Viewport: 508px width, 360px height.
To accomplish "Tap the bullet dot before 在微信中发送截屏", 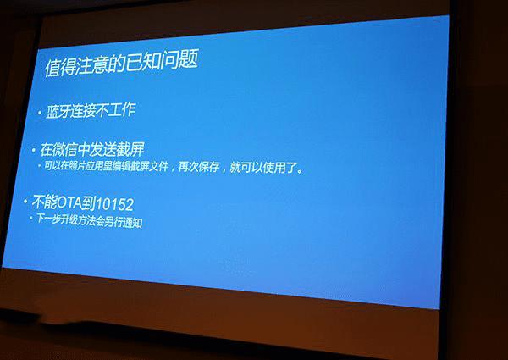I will tap(35, 150).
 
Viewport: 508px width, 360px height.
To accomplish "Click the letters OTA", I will tap(74, 204).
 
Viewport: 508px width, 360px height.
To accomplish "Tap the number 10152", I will tap(119, 204).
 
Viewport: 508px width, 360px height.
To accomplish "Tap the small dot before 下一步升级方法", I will tap(31, 222).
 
